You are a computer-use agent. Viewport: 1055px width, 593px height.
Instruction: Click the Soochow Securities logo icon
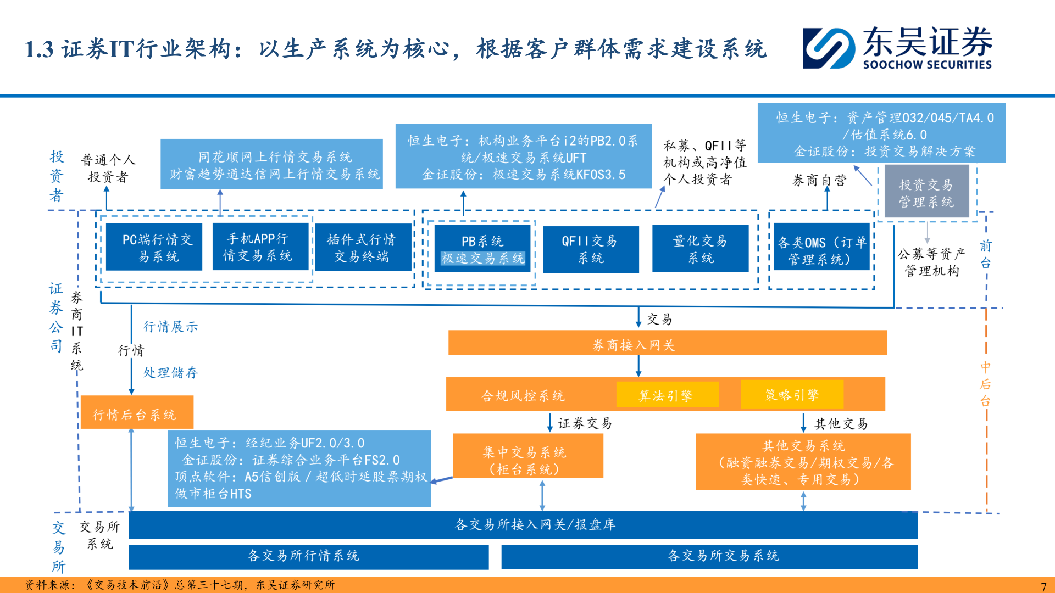click(828, 48)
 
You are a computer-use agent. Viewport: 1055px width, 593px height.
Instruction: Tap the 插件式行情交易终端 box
click(363, 247)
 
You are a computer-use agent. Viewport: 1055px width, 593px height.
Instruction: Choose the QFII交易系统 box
click(591, 249)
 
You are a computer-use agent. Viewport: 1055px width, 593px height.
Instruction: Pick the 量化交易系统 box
click(700, 249)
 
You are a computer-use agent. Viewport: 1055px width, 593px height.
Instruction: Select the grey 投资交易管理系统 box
click(926, 193)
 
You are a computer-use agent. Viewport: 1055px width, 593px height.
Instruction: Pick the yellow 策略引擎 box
click(792, 394)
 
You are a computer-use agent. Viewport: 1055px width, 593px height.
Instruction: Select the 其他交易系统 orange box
click(803, 462)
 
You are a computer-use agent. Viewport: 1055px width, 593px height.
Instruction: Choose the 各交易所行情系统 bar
click(308, 556)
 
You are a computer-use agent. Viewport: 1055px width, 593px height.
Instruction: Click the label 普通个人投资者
click(108, 168)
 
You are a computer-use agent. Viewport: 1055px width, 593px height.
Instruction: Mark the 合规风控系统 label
click(523, 395)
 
